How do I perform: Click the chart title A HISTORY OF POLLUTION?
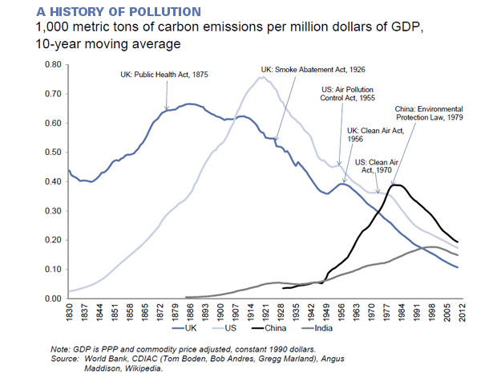coord(102,11)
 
